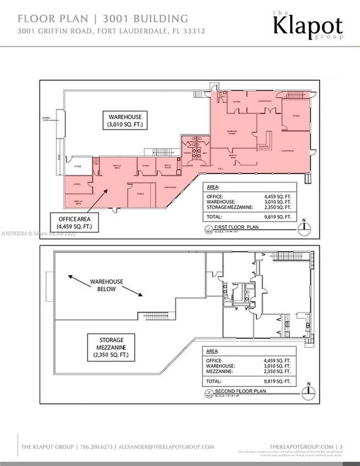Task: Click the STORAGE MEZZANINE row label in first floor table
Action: [228, 208]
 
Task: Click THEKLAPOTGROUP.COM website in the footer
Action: [300, 445]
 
